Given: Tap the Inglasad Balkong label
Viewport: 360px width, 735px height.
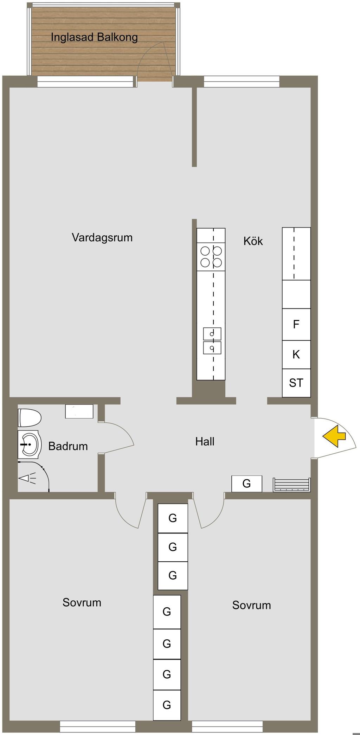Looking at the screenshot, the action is pyautogui.click(x=94, y=37).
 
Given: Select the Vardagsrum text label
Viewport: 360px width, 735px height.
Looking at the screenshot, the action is pyautogui.click(x=102, y=237).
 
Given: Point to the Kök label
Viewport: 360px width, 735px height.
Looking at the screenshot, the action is pyautogui.click(x=253, y=241).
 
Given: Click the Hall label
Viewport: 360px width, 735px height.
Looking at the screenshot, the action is pyautogui.click(x=205, y=441).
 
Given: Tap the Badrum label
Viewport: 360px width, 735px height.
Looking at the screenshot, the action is pyautogui.click(x=68, y=446).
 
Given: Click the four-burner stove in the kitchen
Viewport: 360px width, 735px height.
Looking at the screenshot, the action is pyautogui.click(x=211, y=256).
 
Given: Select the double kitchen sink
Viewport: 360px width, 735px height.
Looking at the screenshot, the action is pyautogui.click(x=212, y=341).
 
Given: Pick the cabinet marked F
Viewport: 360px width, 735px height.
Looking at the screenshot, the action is pyautogui.click(x=296, y=324).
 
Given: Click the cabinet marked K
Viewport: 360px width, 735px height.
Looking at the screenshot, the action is pyautogui.click(x=296, y=354).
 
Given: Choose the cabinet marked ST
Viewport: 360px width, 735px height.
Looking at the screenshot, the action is pyautogui.click(x=296, y=383).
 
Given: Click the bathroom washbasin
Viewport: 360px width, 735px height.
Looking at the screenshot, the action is pyautogui.click(x=30, y=445).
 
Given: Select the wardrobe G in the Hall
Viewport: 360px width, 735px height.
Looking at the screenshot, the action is pyautogui.click(x=246, y=484).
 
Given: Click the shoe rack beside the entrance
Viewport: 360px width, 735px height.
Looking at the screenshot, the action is pyautogui.click(x=291, y=484).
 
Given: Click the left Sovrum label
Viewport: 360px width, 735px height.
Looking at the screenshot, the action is pyautogui.click(x=82, y=602).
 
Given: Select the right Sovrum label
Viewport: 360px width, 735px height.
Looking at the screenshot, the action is pyautogui.click(x=251, y=605).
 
